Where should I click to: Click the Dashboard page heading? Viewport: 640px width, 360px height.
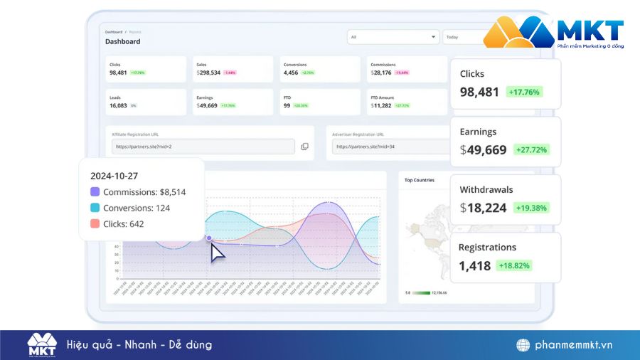(123, 41)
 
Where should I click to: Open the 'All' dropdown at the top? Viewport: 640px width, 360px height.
(393, 37)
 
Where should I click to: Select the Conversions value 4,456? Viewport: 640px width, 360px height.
(291, 73)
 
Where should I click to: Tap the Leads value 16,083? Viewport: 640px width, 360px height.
(118, 105)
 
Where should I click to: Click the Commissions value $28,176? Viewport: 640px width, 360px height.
(381, 73)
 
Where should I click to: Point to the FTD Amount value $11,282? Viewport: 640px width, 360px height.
(381, 105)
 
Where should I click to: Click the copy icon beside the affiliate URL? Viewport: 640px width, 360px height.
(304, 147)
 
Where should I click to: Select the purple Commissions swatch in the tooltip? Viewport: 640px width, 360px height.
(95, 192)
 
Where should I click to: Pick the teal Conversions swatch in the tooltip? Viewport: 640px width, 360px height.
(95, 208)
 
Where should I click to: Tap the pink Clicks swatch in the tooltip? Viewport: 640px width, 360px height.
(95, 223)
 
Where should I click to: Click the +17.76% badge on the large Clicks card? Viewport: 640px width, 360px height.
(524, 92)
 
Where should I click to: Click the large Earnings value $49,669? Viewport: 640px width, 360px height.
(484, 150)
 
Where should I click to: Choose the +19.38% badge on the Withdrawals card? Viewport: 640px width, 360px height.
(528, 208)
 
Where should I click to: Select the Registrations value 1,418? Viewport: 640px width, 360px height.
(475, 265)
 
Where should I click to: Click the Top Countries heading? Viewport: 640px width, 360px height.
(420, 180)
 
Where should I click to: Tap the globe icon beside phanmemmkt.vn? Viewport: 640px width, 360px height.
(523, 345)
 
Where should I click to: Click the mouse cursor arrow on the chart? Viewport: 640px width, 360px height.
(217, 253)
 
